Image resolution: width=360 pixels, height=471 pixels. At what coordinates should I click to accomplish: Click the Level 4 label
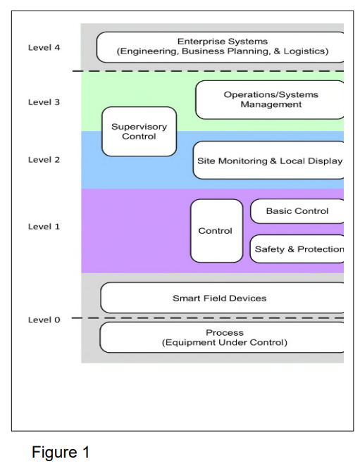44,48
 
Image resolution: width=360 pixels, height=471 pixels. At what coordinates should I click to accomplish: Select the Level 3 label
44,102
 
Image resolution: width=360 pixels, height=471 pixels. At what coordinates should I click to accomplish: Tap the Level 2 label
44,160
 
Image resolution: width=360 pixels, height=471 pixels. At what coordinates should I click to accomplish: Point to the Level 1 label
44,227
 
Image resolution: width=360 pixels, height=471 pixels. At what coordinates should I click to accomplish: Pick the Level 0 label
44,320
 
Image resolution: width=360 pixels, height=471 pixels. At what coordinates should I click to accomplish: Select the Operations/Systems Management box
271,100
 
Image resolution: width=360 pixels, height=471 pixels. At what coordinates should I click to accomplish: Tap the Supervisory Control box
139,132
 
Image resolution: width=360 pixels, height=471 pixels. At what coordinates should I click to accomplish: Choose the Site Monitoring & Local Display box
269,161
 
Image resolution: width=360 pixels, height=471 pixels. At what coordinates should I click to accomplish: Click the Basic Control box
297,211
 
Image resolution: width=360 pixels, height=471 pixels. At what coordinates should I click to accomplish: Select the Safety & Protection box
298,249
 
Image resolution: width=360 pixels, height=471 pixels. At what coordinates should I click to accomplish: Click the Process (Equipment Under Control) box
222,337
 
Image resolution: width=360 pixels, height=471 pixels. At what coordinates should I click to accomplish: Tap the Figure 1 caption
61,453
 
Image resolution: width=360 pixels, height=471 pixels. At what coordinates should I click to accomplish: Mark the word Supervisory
139,127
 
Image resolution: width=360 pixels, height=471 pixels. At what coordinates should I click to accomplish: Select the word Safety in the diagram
268,249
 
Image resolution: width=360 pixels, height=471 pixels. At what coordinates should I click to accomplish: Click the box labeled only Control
215,231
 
